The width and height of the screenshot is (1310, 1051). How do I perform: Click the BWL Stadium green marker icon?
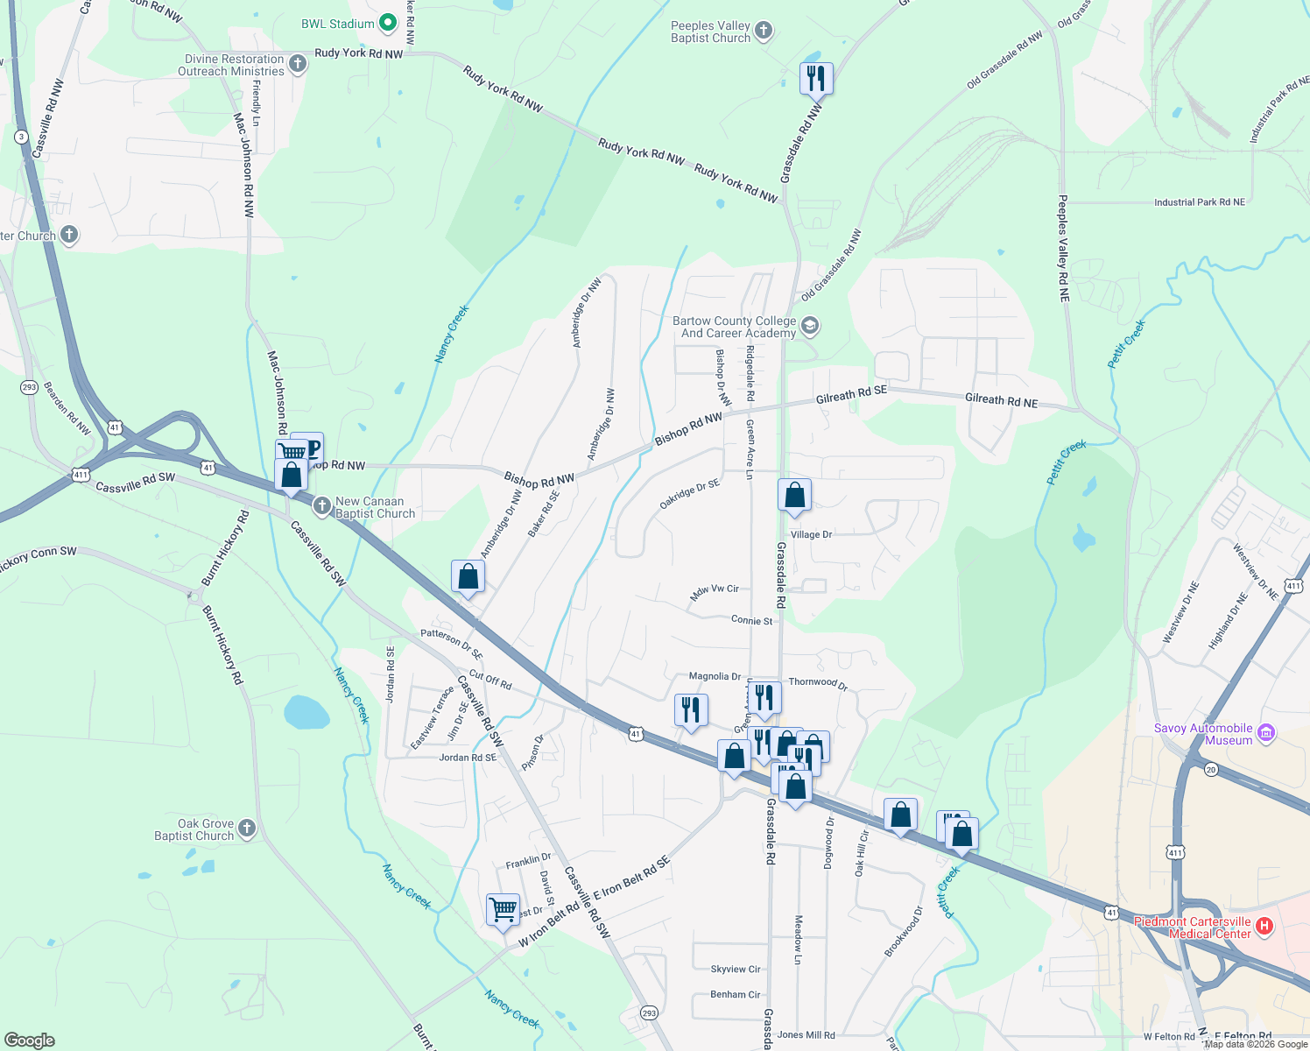coord(388,24)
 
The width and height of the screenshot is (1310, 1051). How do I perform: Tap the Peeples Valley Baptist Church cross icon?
coord(764,32)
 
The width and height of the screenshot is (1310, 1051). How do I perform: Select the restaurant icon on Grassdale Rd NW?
coord(815,78)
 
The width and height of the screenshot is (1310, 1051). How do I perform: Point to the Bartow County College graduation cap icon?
coord(810,327)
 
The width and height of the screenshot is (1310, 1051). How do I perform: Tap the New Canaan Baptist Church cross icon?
coord(322,507)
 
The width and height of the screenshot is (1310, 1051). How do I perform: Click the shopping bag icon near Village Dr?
coord(794,496)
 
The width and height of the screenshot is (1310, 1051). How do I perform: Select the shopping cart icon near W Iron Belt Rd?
coord(504,910)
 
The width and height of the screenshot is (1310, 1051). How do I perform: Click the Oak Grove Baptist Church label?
coord(194,829)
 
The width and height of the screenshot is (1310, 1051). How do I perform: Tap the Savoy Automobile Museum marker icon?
coord(1264,733)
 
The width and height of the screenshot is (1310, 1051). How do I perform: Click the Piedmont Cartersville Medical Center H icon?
coord(1264,926)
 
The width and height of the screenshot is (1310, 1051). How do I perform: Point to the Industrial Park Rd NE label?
coord(1199,202)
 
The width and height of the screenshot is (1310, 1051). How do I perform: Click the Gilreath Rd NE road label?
coord(1001,401)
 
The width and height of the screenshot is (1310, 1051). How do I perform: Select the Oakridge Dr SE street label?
coord(689,495)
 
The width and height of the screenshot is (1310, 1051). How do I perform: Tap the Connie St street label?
coord(752,620)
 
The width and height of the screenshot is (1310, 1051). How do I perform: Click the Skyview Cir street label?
coord(736,969)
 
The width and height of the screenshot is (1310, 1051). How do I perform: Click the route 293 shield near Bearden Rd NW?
coord(29,387)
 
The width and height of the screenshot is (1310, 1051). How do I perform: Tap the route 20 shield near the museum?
coord(1211,769)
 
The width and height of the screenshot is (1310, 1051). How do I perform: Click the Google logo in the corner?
coord(30,1040)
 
